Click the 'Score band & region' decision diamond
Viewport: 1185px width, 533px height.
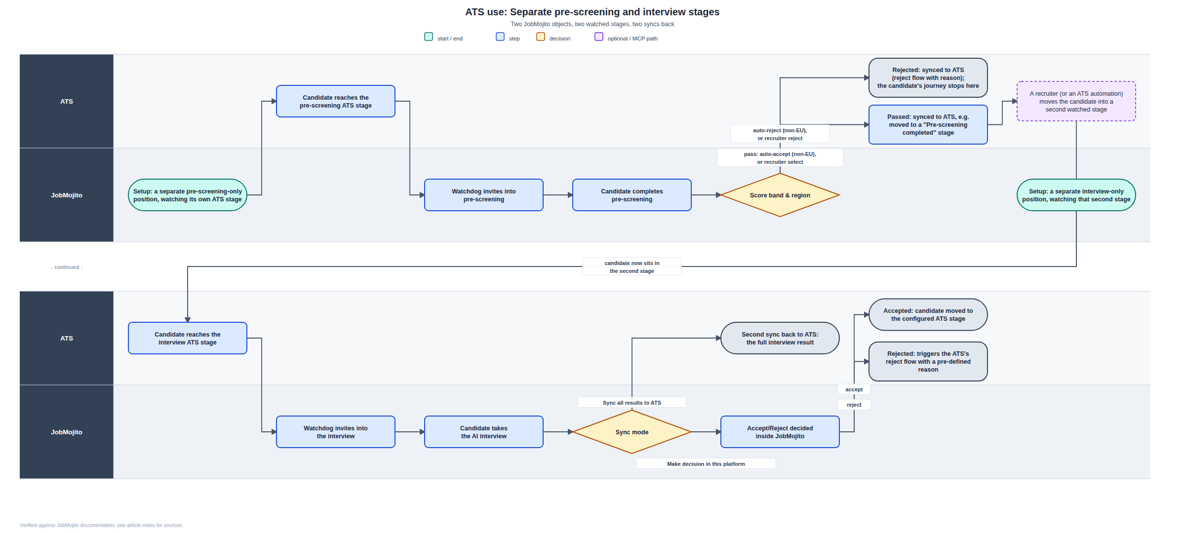tap(780, 195)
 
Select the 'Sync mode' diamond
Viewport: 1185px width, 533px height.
tap(632, 432)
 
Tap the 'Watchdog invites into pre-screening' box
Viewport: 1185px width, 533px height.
tap(484, 195)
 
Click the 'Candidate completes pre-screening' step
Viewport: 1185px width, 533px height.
tap(632, 195)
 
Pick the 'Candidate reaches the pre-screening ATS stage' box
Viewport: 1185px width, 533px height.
tap(336, 101)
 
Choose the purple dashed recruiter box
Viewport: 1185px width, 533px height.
tap(1076, 101)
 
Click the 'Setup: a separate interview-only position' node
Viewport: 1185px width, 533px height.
tap(1076, 195)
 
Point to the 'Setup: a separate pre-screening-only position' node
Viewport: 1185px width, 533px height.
tap(188, 195)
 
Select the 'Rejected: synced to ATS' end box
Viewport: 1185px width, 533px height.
tap(928, 77)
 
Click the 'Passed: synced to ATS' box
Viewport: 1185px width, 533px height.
tap(928, 124)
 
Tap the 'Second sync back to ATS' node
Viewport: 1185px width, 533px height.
tap(780, 338)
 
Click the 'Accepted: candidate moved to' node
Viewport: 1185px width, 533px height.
tap(928, 314)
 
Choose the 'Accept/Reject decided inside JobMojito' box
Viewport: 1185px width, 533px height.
tap(780, 432)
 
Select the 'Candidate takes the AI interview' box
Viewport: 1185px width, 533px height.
tap(484, 432)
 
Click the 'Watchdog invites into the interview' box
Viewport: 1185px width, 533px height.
tap(336, 432)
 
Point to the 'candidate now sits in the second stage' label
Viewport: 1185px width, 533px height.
tap(632, 267)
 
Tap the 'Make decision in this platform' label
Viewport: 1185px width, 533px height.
tap(706, 464)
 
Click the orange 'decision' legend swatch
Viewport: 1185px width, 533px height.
tap(541, 37)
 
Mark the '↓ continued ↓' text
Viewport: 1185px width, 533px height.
tap(67, 267)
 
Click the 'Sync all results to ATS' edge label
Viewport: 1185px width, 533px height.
tap(632, 403)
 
